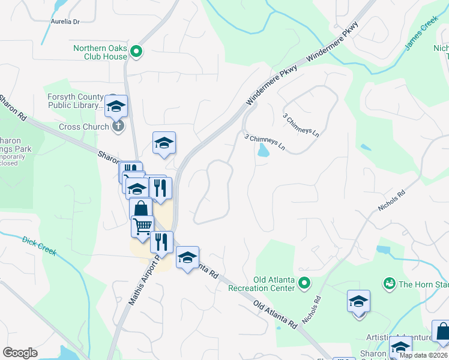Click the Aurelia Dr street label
(x=65, y=22)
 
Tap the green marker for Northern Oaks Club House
(x=136, y=52)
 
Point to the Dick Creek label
(x=39, y=245)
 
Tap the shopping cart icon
(x=142, y=226)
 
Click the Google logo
(x=20, y=353)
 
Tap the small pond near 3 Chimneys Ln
(x=263, y=151)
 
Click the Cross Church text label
(x=83, y=127)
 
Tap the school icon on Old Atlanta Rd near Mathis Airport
(x=187, y=257)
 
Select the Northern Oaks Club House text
(x=100, y=52)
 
